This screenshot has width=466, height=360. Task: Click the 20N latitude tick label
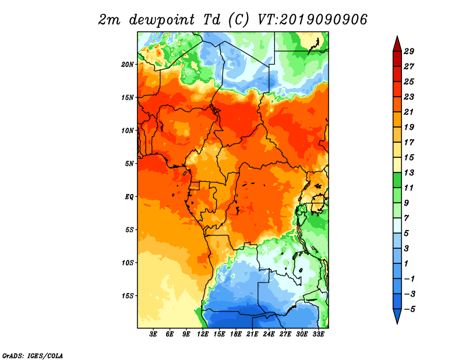point(128,65)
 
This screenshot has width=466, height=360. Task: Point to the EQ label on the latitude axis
point(129,197)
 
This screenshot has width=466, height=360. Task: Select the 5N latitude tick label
point(129,164)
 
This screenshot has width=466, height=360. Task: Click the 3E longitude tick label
point(153,334)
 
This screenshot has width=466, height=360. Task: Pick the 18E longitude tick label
point(236,334)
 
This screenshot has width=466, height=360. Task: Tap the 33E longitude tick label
point(318,334)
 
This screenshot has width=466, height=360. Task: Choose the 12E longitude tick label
point(203,334)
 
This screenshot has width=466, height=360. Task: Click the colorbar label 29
point(409,51)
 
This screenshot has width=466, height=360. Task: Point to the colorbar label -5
point(409,309)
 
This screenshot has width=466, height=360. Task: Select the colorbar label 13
point(409,172)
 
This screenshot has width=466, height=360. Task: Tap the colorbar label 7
point(407,218)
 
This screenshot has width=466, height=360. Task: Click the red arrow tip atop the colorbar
point(397,37)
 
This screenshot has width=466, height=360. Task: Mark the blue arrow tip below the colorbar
point(397,323)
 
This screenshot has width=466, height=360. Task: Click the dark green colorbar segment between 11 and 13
point(397,180)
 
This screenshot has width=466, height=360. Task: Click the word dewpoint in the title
point(162,20)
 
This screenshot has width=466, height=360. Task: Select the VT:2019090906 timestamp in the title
point(312,20)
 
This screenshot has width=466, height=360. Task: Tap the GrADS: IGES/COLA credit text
point(33,356)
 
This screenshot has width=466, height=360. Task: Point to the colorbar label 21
point(409,112)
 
